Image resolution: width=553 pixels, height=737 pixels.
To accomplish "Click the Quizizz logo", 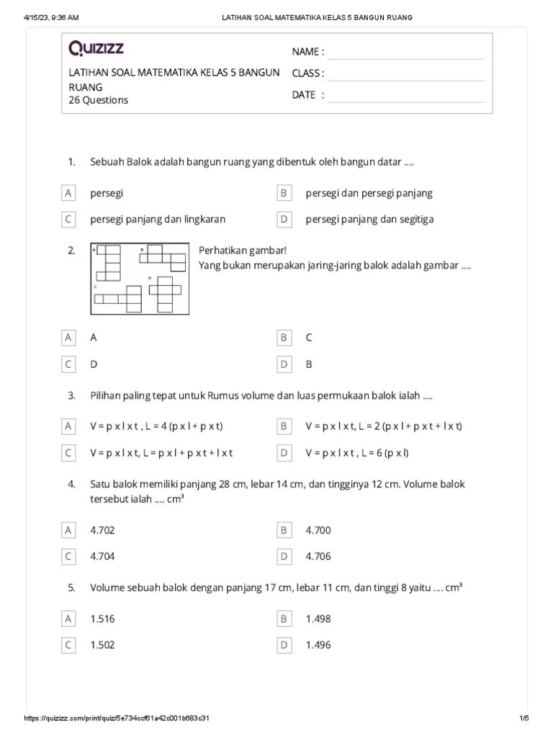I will pos(96,49).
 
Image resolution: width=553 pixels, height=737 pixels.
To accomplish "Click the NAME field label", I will pos(307,52).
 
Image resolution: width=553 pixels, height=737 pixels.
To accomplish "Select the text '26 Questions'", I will pos(98,100).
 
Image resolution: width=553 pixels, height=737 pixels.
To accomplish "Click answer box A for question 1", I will pos(68,193).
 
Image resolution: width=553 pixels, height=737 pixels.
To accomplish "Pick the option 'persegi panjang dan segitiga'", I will pos(369,219).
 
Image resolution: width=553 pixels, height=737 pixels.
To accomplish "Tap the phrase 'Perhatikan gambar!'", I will pos(243,250).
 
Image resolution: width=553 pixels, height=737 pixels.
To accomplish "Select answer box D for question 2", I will pos(284,364).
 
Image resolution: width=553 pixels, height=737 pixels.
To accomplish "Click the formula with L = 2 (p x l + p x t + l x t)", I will pos(383,426).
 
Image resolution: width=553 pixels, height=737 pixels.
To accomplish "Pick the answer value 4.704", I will pos(102,556).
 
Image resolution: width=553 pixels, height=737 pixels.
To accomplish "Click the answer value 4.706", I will pos(318,556).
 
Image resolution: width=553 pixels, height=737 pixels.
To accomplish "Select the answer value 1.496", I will pos(318,645).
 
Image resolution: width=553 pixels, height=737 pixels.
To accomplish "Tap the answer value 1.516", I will pos(102,619).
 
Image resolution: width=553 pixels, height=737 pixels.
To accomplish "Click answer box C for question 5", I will pos(68,645).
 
